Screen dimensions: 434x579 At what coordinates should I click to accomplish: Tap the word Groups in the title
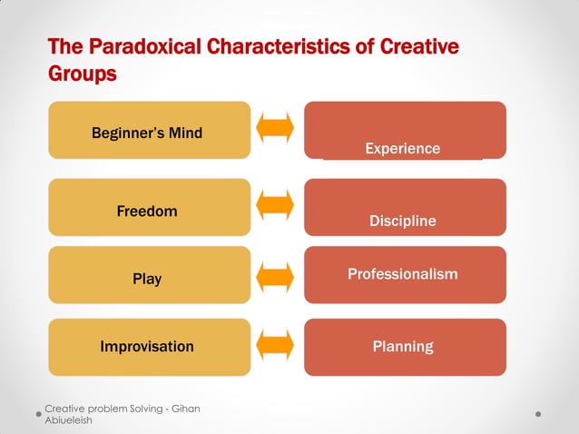tap(82, 74)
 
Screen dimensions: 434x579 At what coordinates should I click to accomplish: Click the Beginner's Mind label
tap(147, 133)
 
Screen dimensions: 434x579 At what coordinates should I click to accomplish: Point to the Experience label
tap(402, 148)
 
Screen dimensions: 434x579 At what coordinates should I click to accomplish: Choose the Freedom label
tap(147, 212)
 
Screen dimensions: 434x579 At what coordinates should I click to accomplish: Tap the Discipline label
tap(402, 221)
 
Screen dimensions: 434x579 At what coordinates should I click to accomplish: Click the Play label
tap(147, 279)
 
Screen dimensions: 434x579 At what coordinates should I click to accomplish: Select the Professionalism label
tap(402, 273)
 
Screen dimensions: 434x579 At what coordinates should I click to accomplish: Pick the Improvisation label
tap(147, 346)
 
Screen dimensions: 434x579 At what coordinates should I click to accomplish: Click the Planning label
tap(402, 346)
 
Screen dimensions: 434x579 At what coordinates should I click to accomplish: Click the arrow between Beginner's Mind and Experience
tap(275, 128)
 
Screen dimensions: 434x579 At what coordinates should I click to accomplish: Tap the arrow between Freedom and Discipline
tap(275, 205)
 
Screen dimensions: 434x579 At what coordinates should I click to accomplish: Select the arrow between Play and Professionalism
tap(275, 275)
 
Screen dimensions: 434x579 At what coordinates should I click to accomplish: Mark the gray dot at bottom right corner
tap(538, 414)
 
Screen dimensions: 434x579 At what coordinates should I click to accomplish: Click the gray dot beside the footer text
tap(38, 414)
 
